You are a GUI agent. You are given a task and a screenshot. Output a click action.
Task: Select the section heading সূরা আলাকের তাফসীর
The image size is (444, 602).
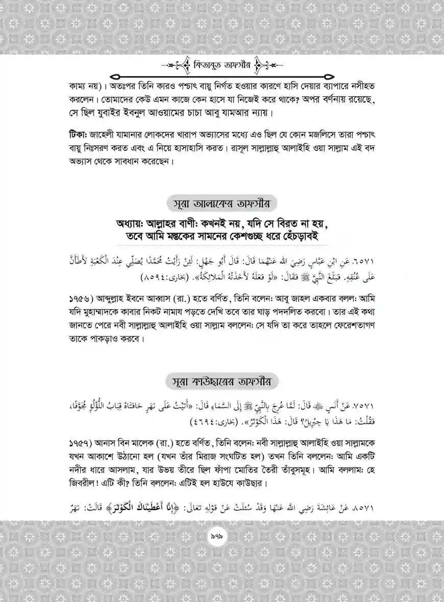tap(223, 203)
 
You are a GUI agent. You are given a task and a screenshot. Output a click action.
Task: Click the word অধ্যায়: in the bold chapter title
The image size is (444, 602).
tap(134, 223)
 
